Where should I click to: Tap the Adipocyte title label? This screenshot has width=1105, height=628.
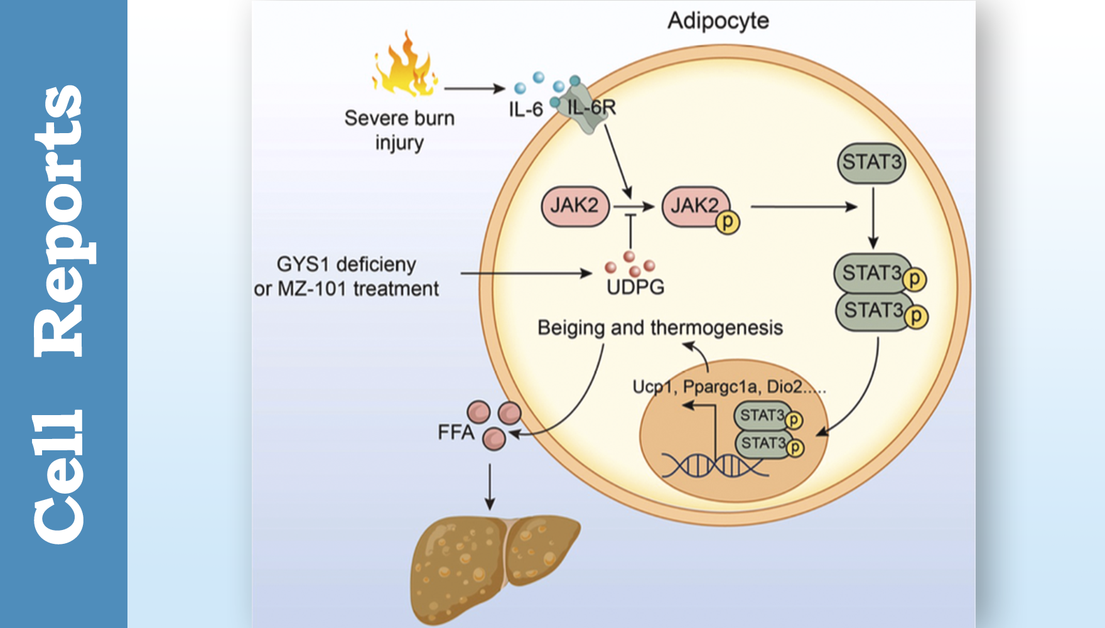pyautogui.click(x=718, y=21)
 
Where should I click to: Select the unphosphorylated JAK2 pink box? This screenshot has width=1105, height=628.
pyautogui.click(x=574, y=205)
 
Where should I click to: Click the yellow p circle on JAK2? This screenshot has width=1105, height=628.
pyautogui.click(x=728, y=222)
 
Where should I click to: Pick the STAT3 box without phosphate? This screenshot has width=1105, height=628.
pyautogui.click(x=871, y=162)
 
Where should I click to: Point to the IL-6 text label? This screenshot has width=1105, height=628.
pyautogui.click(x=526, y=109)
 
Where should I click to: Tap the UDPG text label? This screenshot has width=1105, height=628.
pyautogui.click(x=635, y=288)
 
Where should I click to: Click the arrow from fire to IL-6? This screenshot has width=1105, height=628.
pyautogui.click(x=474, y=89)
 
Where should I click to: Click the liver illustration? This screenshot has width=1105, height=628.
pyautogui.click(x=490, y=565)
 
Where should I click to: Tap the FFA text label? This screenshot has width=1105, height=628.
pyautogui.click(x=456, y=432)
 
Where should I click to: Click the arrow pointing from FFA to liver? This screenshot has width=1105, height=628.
pyautogui.click(x=490, y=487)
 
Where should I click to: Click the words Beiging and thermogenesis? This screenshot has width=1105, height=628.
pyautogui.click(x=659, y=328)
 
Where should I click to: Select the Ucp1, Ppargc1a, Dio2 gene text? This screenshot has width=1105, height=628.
pyautogui.click(x=728, y=387)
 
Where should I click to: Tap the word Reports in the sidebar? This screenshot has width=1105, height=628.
pyautogui.click(x=60, y=220)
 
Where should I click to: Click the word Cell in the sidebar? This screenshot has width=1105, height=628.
pyautogui.click(x=60, y=477)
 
